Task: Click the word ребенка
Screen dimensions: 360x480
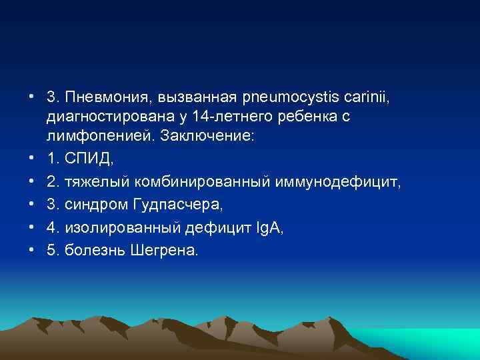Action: coord(299,117)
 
